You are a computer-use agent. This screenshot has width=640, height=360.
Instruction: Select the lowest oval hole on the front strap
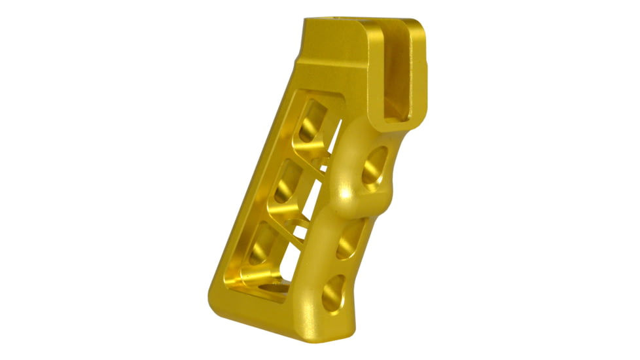click(x=334, y=291)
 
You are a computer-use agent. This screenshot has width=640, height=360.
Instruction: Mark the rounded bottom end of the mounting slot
click(x=391, y=118)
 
